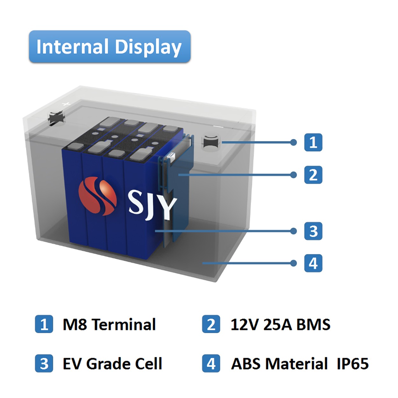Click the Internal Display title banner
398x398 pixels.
point(110,46)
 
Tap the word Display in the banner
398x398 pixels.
point(148,47)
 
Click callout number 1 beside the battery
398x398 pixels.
point(313,142)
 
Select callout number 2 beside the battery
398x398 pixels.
point(313,175)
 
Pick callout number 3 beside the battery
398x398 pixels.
point(313,231)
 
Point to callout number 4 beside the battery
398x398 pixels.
point(313,263)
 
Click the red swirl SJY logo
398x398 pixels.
point(97,196)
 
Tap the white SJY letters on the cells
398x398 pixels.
point(152,204)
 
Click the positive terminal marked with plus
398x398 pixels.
point(56,118)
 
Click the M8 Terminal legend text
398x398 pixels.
point(109,324)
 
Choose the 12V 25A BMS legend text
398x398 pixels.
point(280,324)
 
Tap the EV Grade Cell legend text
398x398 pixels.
point(112,364)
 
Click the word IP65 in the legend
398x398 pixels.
point(352,364)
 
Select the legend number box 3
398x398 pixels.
point(44,363)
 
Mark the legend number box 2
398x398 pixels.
point(211,324)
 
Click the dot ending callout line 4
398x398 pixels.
point(294,263)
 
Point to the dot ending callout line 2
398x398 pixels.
point(294,175)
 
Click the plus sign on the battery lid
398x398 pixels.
point(66,104)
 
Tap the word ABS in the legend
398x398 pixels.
point(246,364)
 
